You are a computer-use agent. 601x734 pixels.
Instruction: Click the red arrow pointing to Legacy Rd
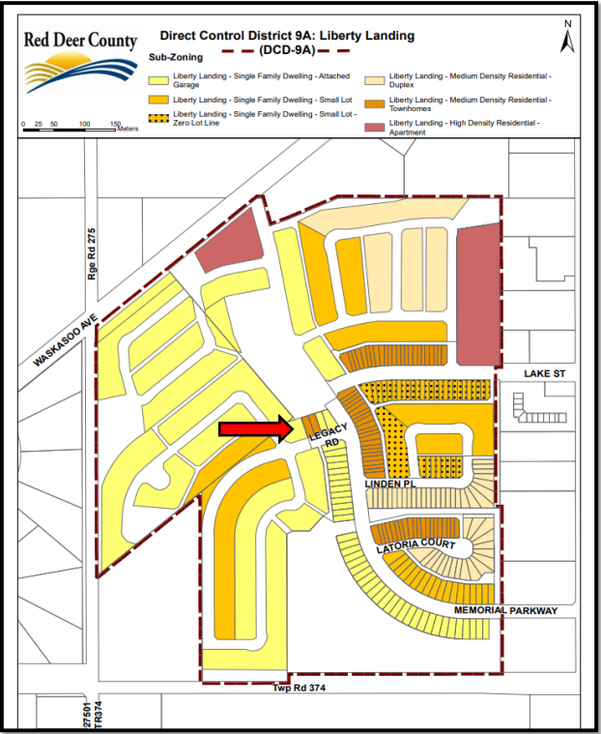pos(252,429)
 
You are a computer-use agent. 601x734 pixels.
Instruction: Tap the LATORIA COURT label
pos(415,547)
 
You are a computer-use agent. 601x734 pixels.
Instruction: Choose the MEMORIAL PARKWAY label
pos(505,610)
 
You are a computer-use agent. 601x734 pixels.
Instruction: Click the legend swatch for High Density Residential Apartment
pos(375,126)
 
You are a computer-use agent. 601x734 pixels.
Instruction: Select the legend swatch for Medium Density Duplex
pos(375,77)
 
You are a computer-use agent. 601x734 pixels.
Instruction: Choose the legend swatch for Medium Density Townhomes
pos(375,102)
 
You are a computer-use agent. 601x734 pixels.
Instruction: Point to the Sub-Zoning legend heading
pos(175,58)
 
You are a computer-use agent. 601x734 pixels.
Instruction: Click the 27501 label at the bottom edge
pos(87,717)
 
